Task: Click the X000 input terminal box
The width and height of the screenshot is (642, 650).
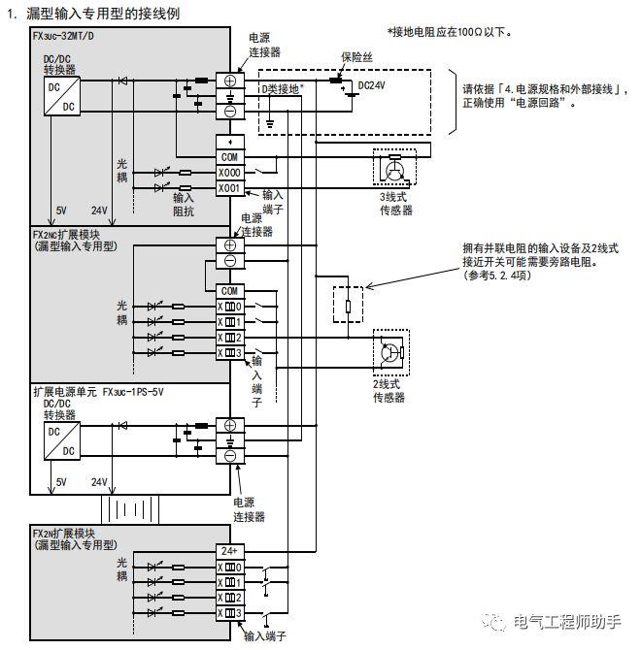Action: coord(230,173)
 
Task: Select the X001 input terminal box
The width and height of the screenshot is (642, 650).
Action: coord(230,187)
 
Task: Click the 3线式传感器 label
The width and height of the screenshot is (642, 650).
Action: coord(396,203)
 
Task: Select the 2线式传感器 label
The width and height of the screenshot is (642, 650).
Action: coord(389,391)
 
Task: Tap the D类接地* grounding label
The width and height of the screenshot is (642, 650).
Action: coord(283,88)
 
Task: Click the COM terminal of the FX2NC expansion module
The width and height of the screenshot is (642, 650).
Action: coord(230,290)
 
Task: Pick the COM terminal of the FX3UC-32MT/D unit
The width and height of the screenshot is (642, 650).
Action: coord(230,157)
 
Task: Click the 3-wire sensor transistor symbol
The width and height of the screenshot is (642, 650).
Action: coord(394,168)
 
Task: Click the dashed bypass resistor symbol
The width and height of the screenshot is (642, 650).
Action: coord(347,306)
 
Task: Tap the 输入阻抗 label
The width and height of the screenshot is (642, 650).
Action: coord(184,203)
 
